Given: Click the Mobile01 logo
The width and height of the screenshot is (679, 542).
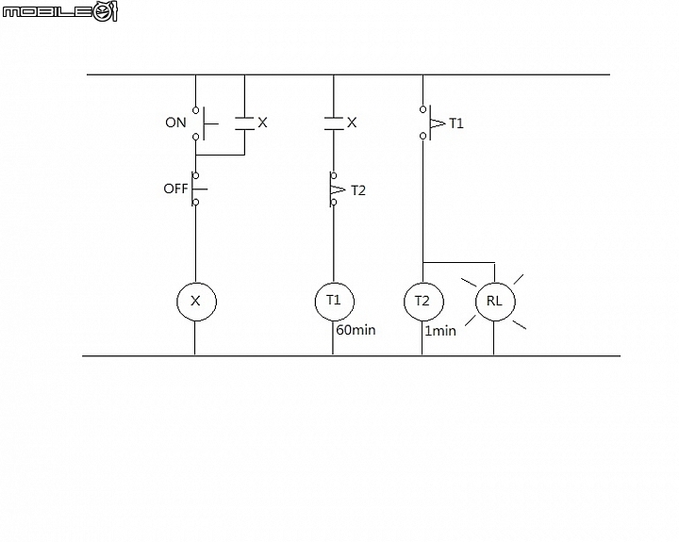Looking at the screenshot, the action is tap(59, 10).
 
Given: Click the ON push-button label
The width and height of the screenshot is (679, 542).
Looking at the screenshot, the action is tap(175, 123).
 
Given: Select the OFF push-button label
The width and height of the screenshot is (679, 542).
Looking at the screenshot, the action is tap(175, 189).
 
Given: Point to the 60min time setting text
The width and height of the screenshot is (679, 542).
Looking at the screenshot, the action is tap(356, 330).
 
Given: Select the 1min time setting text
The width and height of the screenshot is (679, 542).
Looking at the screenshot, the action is tap(440, 331).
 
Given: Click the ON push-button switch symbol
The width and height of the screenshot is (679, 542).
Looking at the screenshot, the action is tap(204, 123).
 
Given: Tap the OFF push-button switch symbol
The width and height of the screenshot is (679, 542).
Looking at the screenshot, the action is tap(198, 189).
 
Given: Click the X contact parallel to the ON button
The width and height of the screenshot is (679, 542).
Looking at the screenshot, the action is tap(244, 123).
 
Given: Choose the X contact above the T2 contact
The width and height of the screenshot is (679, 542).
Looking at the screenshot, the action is tap(334, 123).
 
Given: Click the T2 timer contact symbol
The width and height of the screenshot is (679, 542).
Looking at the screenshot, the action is tap(337, 189).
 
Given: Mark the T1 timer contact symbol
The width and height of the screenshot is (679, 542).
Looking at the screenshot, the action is tap(431, 123).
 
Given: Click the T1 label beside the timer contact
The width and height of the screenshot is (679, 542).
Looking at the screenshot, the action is tap(456, 123).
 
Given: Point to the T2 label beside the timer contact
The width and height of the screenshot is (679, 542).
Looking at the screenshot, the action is tap(358, 190).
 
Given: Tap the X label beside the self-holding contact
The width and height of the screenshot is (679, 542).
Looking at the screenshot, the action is tap(262, 123).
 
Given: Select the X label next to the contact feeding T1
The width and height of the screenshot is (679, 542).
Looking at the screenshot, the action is tap(352, 123).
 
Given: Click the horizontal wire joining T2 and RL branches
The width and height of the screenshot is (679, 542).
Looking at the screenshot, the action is tap(458, 262).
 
